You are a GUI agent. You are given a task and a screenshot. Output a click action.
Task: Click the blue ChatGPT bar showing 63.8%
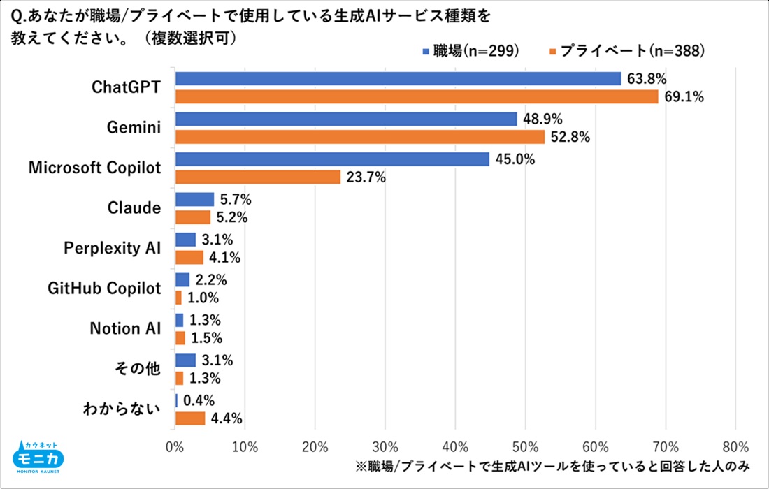point(398,79)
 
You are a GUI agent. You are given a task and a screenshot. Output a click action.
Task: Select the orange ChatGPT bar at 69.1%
point(417,96)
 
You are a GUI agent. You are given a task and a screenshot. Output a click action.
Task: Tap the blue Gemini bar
point(346,119)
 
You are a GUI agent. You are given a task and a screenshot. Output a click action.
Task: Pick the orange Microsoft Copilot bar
point(258,177)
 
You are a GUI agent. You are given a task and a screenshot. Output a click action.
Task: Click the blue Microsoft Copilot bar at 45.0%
point(332,160)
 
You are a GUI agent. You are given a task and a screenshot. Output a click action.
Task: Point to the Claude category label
point(134,208)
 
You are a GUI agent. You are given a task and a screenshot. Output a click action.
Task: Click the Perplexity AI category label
point(113,249)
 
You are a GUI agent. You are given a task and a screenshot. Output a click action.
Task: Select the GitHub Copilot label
point(105,289)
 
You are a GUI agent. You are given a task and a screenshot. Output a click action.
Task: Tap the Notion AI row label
point(126,329)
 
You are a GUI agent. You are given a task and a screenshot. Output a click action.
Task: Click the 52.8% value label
point(570,137)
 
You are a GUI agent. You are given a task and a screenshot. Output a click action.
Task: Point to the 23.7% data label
point(366,177)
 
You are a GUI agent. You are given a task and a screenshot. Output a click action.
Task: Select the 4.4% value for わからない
point(227,419)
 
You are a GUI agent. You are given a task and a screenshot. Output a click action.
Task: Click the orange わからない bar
point(190,418)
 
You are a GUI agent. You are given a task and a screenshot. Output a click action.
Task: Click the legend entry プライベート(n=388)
point(626,51)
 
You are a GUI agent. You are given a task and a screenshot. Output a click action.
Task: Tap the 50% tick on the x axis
point(525,446)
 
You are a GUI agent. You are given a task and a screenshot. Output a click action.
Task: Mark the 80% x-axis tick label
point(735,446)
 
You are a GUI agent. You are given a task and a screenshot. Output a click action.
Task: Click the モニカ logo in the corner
point(38,458)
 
